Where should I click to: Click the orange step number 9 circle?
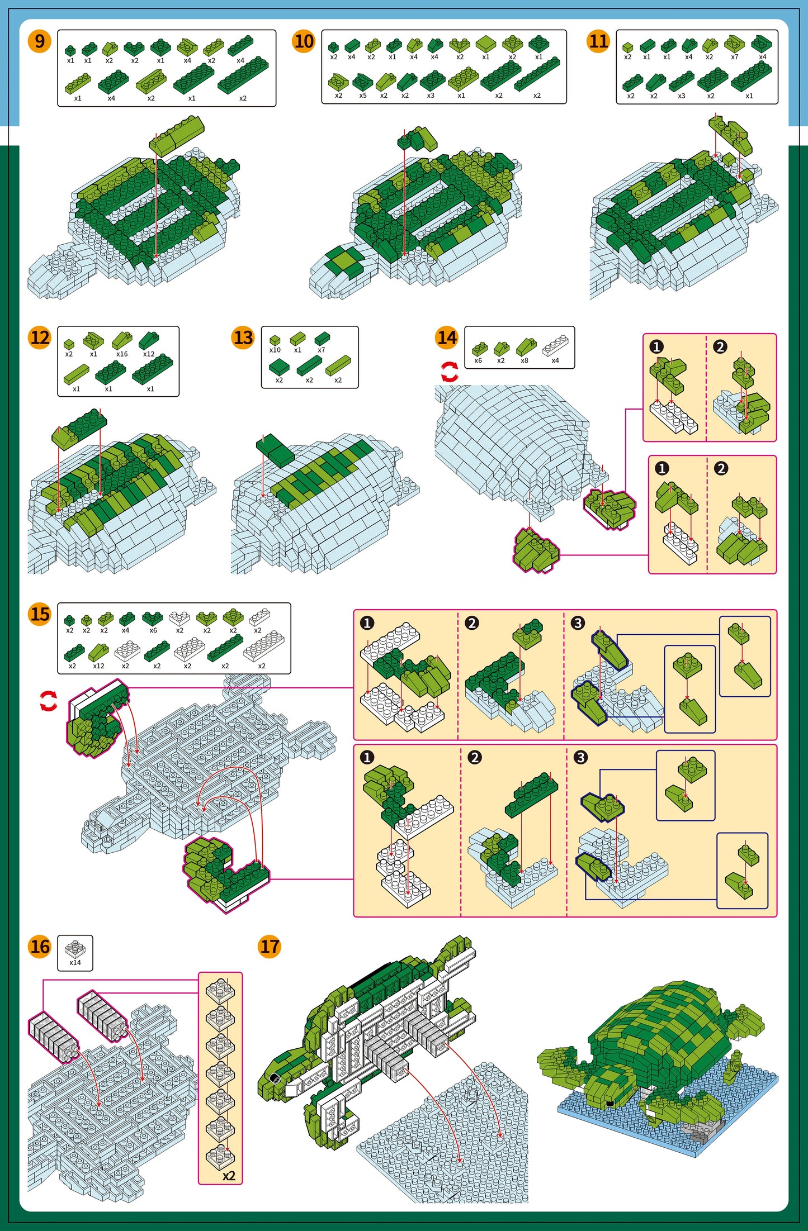click(x=40, y=41)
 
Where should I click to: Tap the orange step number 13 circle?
click(x=243, y=338)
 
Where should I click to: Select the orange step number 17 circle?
click(x=270, y=947)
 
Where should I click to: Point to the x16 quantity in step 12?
click(x=122, y=354)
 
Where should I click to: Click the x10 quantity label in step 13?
click(x=275, y=350)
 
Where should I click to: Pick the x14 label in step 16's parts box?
click(x=75, y=962)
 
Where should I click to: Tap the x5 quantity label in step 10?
click(x=363, y=96)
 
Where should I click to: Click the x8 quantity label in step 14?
click(x=525, y=360)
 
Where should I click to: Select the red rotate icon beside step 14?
click(x=450, y=372)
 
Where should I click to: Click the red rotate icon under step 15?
click(x=49, y=701)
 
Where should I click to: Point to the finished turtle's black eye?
click(x=610, y=1103)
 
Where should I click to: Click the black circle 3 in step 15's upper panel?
click(x=578, y=622)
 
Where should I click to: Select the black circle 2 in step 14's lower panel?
click(x=721, y=468)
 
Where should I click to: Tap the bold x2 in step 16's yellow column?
click(x=229, y=1175)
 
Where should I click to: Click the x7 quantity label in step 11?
click(x=734, y=57)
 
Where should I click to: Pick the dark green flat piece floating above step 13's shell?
click(x=276, y=450)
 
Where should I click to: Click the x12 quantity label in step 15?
click(x=98, y=666)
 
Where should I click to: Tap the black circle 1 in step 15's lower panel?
click(x=367, y=757)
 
